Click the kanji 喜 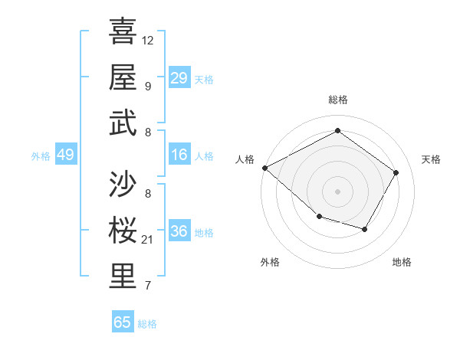[x=123, y=31]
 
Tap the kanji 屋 [x=123, y=77]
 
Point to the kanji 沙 [x=123, y=184]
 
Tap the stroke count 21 [x=148, y=240]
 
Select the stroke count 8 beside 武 [x=147, y=133]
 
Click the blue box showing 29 [x=179, y=77]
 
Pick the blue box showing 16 [x=179, y=155]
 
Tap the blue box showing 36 [x=179, y=231]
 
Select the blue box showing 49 [x=65, y=155]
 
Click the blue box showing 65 [x=123, y=322]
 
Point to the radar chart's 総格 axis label [x=337, y=100]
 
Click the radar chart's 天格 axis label [x=431, y=159]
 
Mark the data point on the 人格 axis [x=264, y=168]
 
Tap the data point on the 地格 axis [x=365, y=229]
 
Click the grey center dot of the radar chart [x=337, y=191]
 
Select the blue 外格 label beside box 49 [x=41, y=155]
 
